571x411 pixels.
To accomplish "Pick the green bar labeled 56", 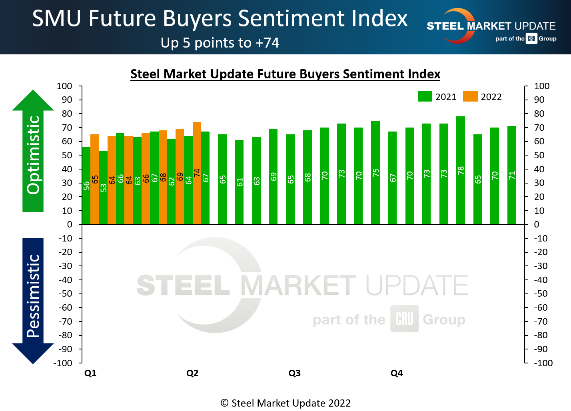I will pyautogui.click(x=86, y=186).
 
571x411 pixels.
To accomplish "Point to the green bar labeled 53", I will pyautogui.click(x=103, y=188).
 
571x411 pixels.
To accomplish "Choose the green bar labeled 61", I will pyautogui.click(x=239, y=182).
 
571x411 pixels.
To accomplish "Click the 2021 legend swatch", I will pyautogui.click(x=425, y=96).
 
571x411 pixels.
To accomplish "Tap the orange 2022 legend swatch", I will pyautogui.click(x=470, y=96).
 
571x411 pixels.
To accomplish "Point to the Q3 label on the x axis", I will pyautogui.click(x=294, y=373).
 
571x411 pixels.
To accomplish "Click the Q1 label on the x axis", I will pyautogui.click(x=90, y=373).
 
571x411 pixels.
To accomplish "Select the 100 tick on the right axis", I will pyautogui.click(x=542, y=86).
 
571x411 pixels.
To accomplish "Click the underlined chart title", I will pyautogui.click(x=285, y=74).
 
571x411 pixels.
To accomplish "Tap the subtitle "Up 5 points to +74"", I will pyautogui.click(x=220, y=43).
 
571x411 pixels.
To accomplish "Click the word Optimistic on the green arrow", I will pyautogui.click(x=34, y=155).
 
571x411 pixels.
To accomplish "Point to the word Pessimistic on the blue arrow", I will pyautogui.click(x=34, y=296).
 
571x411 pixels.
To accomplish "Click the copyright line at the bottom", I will pyautogui.click(x=285, y=403).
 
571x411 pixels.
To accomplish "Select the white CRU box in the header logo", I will pyautogui.click(x=531, y=39).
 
